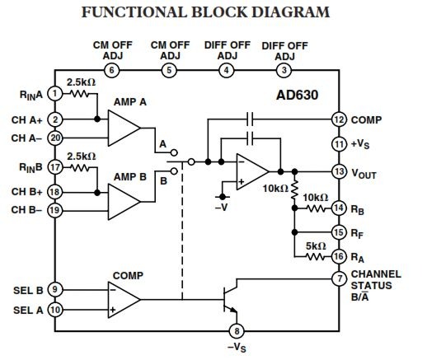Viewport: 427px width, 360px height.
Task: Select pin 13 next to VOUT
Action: coord(339,172)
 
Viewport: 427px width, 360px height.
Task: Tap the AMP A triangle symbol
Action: coord(124,128)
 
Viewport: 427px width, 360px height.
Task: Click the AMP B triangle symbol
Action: coord(124,202)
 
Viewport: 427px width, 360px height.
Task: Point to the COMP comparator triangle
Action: coord(124,300)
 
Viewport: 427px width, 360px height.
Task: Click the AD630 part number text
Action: coord(297,95)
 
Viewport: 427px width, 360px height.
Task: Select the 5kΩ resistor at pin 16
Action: coord(315,257)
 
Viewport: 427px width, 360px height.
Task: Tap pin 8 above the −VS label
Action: coord(237,331)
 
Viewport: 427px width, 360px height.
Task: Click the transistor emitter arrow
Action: coord(233,310)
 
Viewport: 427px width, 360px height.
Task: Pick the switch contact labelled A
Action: coord(174,152)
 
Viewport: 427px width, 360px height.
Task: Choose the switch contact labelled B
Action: coord(174,171)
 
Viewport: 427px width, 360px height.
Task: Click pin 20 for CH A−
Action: coord(55,138)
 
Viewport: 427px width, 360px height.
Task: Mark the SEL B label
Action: coord(28,290)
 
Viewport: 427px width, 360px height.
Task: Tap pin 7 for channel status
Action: coord(339,278)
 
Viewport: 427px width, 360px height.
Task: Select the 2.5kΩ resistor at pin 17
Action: coord(80,167)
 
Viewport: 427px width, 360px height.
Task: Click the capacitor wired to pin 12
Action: coord(250,119)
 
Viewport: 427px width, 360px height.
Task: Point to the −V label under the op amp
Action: coord(221,208)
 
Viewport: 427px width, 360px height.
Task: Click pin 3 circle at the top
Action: coord(284,70)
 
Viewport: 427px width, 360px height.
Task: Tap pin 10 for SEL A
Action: coord(55,310)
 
